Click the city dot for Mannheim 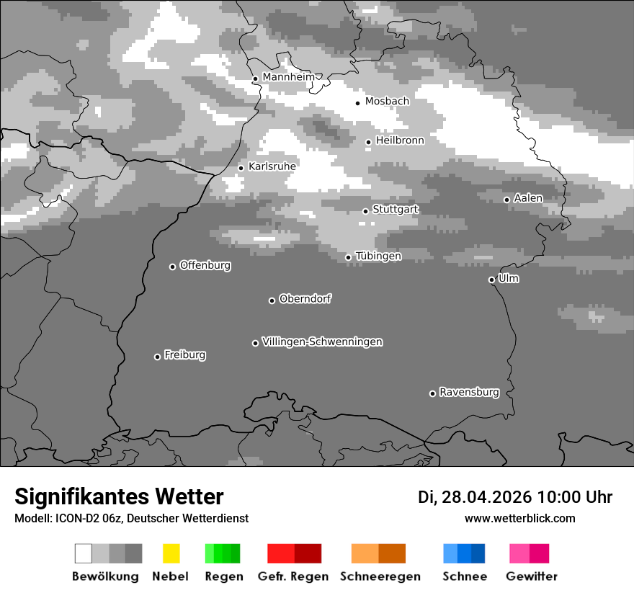click(255, 79)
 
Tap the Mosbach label click(387, 102)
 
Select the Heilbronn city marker click(368, 142)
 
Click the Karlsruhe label click(272, 166)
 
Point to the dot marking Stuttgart click(365, 211)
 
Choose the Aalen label click(528, 198)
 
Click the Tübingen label click(378, 256)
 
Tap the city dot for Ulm click(491, 280)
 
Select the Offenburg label click(205, 265)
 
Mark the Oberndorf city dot click(272, 300)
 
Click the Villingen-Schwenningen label click(322, 342)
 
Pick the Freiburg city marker click(157, 357)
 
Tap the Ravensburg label click(469, 393)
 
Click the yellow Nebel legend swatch click(171, 553)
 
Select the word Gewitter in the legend click(532, 576)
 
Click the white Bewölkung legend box click(84, 553)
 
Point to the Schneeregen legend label click(380, 576)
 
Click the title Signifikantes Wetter click(119, 496)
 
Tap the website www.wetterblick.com click(520, 518)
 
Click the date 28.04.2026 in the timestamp click(486, 497)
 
